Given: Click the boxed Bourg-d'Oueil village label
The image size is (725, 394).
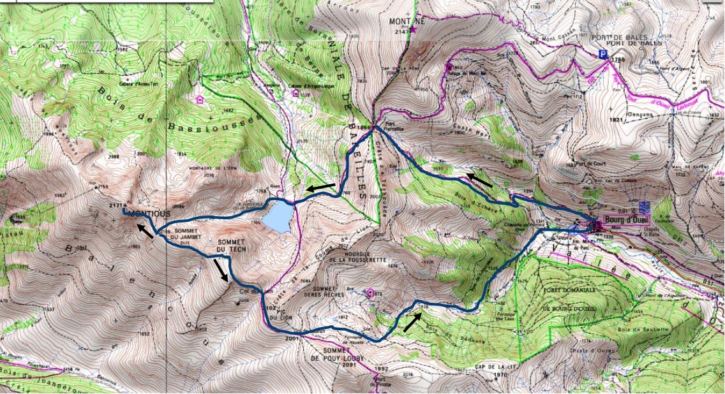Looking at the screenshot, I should point(622,225).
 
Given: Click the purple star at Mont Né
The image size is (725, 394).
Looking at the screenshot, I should point(413,29).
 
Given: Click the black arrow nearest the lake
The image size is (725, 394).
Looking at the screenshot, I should point(320,187).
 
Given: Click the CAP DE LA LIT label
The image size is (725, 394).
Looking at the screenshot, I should point(494,367).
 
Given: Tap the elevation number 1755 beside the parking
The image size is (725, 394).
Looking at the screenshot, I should point(615,59).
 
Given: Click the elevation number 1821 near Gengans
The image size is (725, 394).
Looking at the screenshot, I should point(615,119).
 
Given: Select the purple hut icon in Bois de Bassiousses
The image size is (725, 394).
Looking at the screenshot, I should point(200,99).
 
